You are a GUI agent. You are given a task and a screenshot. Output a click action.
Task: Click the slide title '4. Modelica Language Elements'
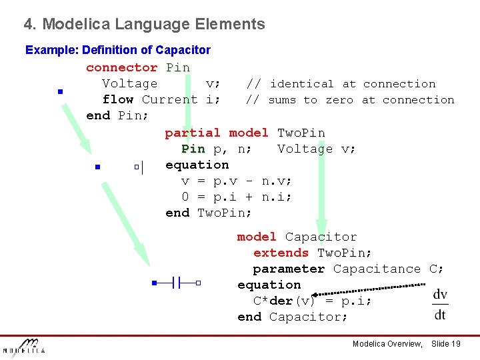tap(144, 25)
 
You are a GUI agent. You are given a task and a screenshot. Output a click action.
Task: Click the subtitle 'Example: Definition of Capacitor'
tap(117, 50)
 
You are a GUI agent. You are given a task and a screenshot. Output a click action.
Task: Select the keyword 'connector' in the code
tap(121, 67)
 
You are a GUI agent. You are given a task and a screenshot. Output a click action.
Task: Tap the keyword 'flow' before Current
tap(117, 99)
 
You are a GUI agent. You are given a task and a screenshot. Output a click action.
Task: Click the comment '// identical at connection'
tap(340, 84)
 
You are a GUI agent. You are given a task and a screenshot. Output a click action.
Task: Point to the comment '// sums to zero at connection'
tap(349, 100)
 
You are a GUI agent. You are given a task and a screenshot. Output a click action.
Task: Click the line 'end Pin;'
tap(117, 115)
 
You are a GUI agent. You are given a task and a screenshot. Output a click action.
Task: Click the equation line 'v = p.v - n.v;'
tap(237, 181)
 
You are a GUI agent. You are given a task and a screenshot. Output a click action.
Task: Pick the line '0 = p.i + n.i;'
tap(237, 197)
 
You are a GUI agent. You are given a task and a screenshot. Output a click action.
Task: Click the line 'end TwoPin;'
tap(209, 213)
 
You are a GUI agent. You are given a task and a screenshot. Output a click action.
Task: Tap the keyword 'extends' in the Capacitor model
tap(281, 253)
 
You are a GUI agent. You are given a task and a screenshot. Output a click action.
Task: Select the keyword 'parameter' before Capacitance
tap(289, 269)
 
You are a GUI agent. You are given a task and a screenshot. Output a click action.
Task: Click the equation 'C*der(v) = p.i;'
tap(312, 301)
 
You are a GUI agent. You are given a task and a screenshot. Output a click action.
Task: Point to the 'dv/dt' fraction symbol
tap(440, 305)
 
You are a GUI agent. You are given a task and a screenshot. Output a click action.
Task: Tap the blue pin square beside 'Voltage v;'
tap(59, 91)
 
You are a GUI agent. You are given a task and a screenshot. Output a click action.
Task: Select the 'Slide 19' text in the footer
tap(446, 343)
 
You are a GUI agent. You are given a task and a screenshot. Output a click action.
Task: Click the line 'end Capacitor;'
tap(292, 317)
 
